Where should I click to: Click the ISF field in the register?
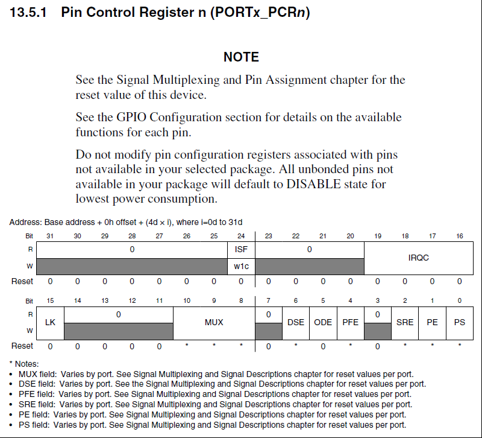point(241,249)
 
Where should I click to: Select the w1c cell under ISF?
point(241,265)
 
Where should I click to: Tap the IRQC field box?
point(419,258)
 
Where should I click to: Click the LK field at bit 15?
point(50,322)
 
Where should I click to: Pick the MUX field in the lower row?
point(214,322)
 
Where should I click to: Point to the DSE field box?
point(296,322)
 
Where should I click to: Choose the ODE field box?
point(324,322)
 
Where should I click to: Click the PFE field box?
point(351,322)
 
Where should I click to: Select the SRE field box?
point(405,322)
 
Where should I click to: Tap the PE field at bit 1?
point(432,322)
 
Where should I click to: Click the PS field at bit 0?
point(460,322)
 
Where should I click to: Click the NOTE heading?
point(241,57)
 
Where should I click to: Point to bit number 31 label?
point(50,236)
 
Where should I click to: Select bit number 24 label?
point(241,236)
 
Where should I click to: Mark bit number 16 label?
point(460,236)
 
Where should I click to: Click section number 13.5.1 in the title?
point(31,13)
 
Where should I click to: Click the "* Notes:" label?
point(24,364)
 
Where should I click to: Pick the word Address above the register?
point(26,222)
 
